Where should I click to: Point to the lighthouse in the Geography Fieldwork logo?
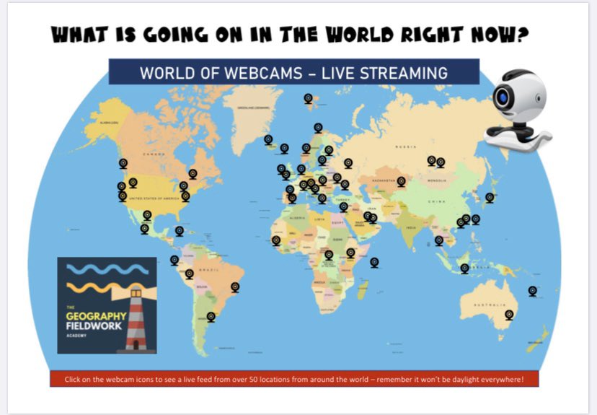135,318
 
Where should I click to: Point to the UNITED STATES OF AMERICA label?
151,198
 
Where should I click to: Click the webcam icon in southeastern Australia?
509,314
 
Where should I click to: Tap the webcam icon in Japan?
490,196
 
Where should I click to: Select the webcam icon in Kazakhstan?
401,181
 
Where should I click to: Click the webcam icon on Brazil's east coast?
235,287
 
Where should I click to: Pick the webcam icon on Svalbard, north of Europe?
308,98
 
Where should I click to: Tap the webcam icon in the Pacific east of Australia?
533,290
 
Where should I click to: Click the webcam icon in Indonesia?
464,268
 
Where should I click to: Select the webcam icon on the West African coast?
275,240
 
